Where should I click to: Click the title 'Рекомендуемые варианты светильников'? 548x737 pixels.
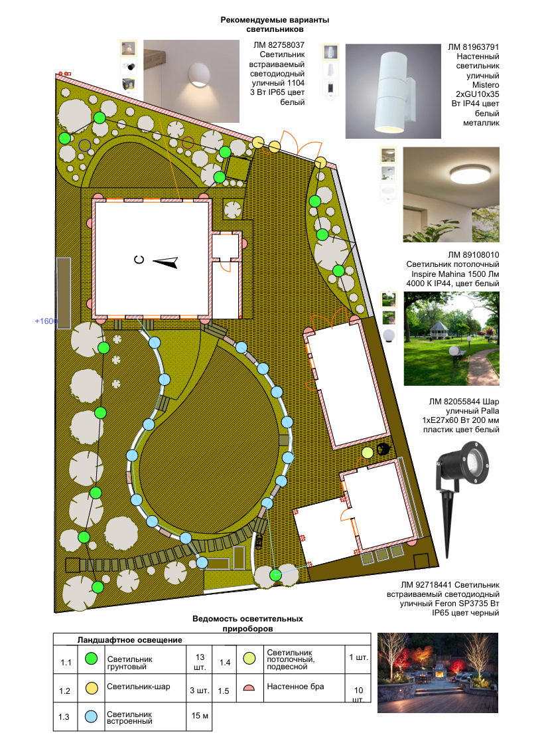coord(275,25)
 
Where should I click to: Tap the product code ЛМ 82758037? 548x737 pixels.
coord(279,45)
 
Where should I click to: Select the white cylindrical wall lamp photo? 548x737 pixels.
coord(393,91)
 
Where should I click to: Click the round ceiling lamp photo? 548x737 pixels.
coord(450,195)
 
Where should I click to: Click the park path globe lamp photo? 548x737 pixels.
coord(451,339)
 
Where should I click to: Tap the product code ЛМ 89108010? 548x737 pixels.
coord(473,255)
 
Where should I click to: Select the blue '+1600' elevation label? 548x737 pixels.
coord(46,321)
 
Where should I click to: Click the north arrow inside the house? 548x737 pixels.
coord(165,262)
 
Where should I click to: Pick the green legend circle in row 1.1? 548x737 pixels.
coord(91,659)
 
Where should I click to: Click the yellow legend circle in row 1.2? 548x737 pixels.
coord(92,688)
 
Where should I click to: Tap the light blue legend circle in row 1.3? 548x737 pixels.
coord(91,716)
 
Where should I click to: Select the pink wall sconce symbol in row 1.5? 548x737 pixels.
coord(249,688)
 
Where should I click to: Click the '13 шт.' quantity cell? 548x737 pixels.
coord(200,662)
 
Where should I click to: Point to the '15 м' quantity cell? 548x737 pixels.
coord(200,715)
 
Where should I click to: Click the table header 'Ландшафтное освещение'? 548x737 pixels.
coord(129,639)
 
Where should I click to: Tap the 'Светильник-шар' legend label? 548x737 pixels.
coord(139,687)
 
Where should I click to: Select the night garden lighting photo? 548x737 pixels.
coord(438,673)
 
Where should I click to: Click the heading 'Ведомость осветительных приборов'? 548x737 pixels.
coord(247,623)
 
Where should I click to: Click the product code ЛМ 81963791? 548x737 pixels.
coord(473,47)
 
